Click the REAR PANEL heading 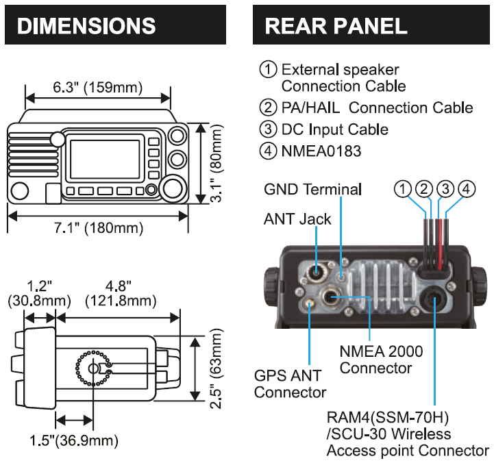(336, 26)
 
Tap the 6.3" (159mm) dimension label (97, 87)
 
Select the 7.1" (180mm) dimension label (98, 227)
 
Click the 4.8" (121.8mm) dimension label (118, 292)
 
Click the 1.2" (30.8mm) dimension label (38, 292)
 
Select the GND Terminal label (312, 189)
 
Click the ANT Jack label (297, 219)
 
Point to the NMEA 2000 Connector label (381, 360)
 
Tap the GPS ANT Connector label (290, 384)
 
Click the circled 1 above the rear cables (406, 188)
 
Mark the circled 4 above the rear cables (466, 188)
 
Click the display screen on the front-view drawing (106, 158)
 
